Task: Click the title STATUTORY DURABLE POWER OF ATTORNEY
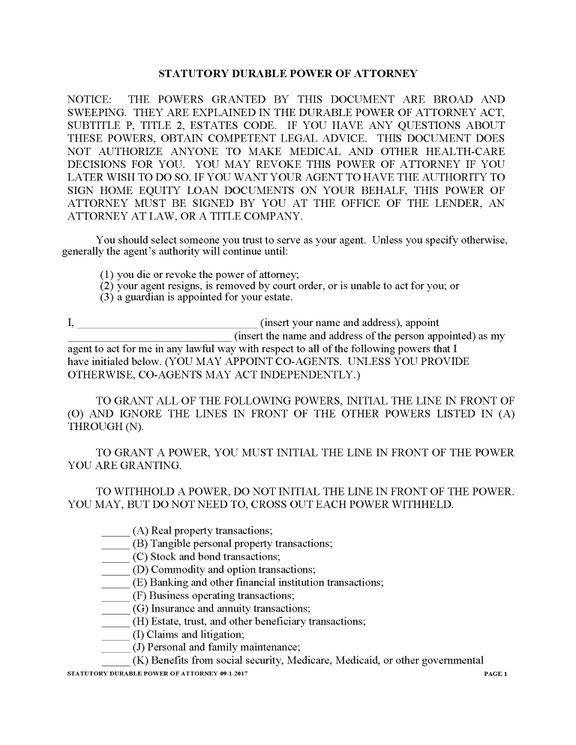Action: tap(287, 74)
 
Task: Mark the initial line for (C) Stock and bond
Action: tap(115, 558)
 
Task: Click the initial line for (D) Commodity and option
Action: tap(115, 571)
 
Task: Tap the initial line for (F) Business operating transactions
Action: tap(115, 597)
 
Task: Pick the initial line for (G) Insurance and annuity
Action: tap(115, 610)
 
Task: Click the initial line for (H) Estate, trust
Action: tap(115, 623)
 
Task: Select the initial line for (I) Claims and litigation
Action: tap(115, 636)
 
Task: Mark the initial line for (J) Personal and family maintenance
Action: tap(115, 649)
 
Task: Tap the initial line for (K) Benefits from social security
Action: tap(115, 663)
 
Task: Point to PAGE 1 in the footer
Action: tap(496, 675)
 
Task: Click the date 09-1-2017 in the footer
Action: tap(234, 675)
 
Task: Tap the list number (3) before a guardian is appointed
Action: tap(107, 298)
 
